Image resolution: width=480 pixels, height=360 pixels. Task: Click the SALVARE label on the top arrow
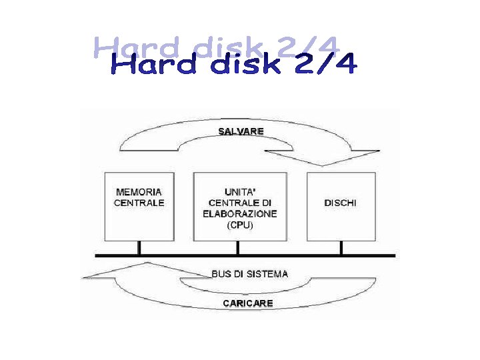(241, 131)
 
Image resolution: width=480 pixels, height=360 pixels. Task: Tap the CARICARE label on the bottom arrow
(247, 303)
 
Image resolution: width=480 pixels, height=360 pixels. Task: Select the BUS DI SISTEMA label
(249, 273)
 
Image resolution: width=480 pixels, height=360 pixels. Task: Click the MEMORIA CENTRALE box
(139, 206)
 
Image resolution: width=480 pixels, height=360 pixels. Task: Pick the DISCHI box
(340, 206)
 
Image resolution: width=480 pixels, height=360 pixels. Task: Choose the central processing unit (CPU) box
(239, 206)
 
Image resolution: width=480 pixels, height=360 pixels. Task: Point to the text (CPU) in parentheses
(239, 225)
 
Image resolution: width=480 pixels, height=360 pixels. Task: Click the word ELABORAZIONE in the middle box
(239, 214)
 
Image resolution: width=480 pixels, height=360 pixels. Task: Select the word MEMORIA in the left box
(139, 192)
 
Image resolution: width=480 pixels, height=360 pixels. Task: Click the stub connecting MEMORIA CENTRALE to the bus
(139, 247)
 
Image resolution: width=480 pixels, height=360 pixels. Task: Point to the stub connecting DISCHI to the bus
(341, 247)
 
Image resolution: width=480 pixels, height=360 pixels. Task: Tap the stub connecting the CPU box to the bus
(239, 247)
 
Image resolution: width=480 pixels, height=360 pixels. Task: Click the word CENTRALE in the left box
(139, 203)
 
